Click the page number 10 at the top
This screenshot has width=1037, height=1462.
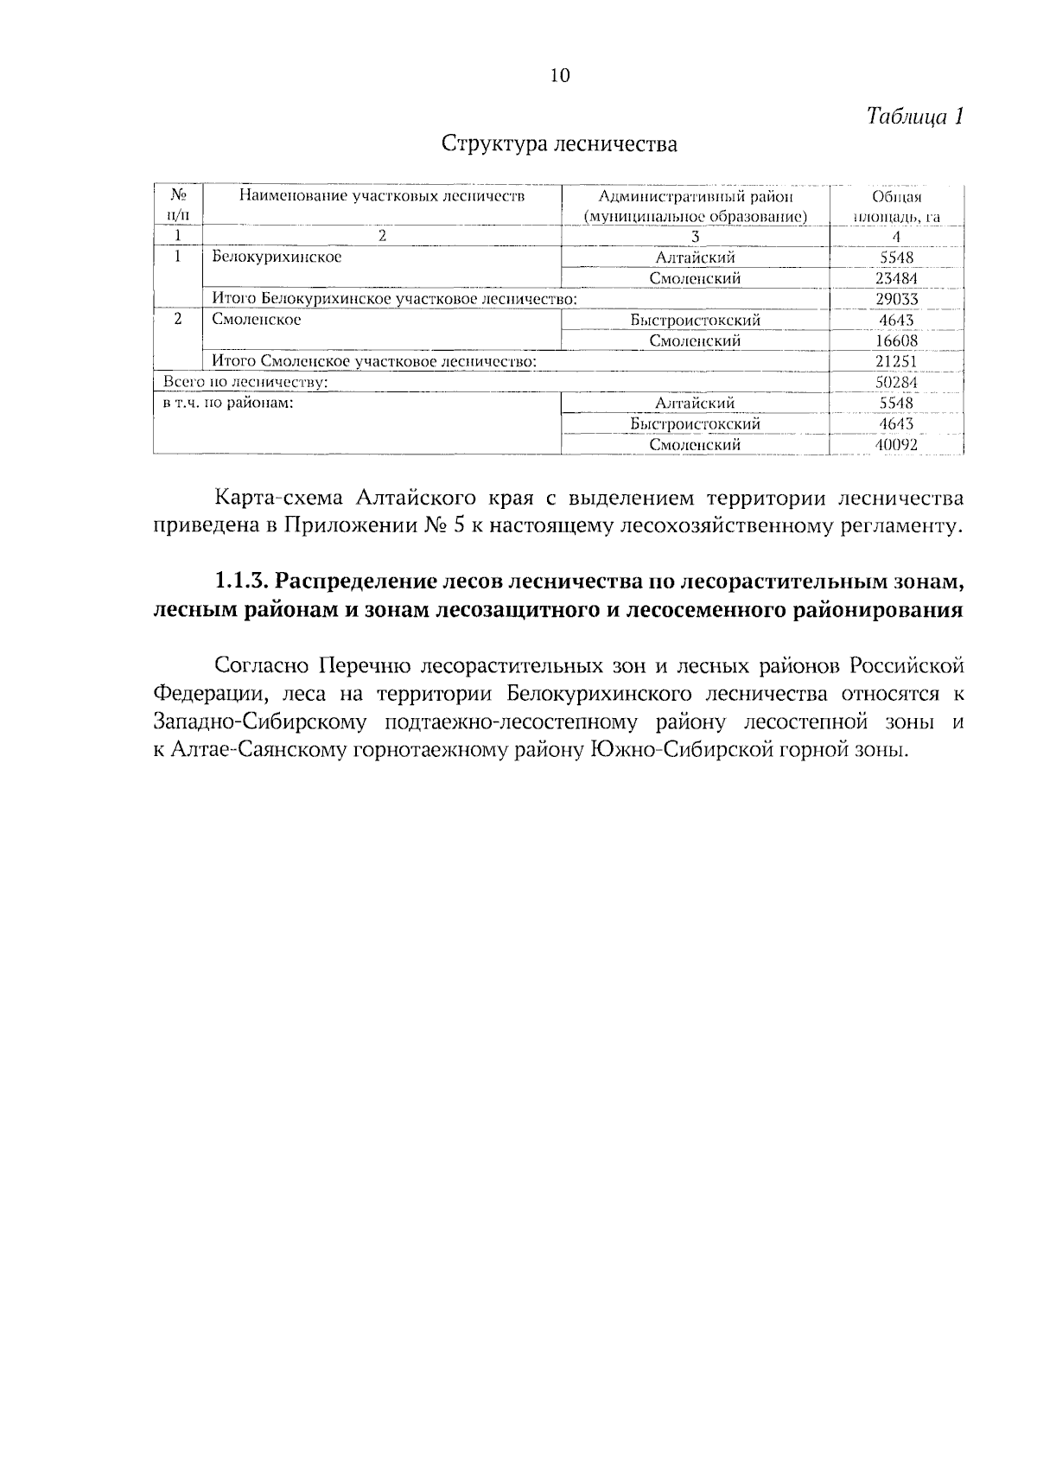coord(560,76)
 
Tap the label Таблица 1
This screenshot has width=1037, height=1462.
coord(914,117)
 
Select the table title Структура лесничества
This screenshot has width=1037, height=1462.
coord(559,143)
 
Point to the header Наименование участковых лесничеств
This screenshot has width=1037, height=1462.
coord(381,196)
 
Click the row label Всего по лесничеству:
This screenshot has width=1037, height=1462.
coord(245,382)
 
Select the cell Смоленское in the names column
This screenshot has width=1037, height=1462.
coord(257,320)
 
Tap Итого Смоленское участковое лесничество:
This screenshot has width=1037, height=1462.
coord(374,361)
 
